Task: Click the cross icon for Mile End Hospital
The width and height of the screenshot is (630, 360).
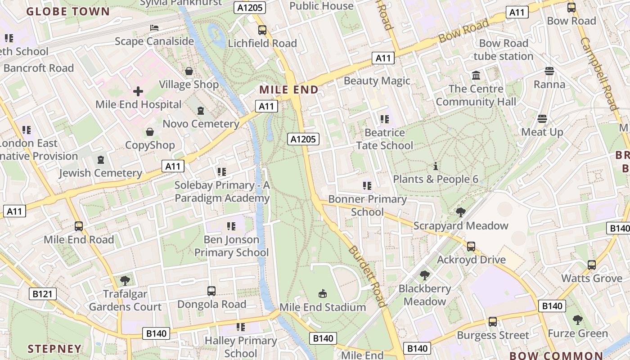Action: (138, 91)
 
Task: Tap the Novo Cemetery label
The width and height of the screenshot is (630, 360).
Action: (201, 124)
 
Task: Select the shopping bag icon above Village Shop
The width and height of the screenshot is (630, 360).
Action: (189, 71)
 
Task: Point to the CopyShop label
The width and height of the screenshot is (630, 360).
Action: (150, 145)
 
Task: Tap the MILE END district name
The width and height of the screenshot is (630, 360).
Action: (289, 90)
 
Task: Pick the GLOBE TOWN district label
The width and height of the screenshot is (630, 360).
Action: (68, 12)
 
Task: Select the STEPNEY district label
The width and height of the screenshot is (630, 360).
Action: (54, 349)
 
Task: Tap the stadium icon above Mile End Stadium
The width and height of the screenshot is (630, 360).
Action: (322, 294)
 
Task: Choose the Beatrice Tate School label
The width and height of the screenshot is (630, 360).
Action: (384, 139)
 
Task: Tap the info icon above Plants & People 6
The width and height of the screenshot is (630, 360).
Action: (435, 166)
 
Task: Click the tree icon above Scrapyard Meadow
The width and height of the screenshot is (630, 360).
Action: (460, 212)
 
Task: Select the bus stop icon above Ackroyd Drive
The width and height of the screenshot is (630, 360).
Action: (471, 247)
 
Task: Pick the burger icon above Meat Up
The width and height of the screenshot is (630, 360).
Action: (542, 119)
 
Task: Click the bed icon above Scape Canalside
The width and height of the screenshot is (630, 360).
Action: (154, 28)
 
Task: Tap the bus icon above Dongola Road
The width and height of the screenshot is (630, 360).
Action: (211, 291)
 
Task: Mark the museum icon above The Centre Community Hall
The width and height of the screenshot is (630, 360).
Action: (476, 75)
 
